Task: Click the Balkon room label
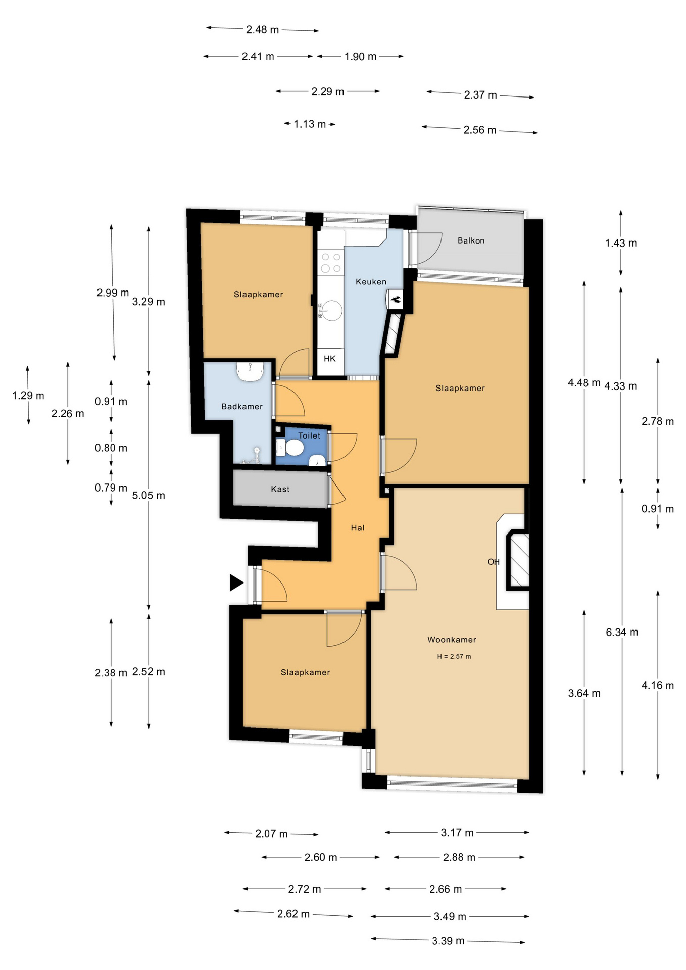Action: pos(471,240)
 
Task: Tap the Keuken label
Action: pos(371,282)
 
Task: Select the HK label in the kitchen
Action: pos(330,359)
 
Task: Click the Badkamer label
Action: pos(242,406)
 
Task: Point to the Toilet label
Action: pos(309,435)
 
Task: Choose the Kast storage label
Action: pos(280,489)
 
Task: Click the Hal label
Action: pos(358,528)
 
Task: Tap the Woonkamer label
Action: pos(452,640)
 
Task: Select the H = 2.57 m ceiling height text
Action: pos(454,657)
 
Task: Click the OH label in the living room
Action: pos(494,562)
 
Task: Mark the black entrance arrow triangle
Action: pos(236,583)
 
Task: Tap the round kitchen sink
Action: pos(332,310)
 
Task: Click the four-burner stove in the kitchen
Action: pos(331,263)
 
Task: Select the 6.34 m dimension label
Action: pos(622,632)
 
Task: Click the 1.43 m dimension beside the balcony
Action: pos(621,243)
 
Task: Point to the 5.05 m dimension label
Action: pos(149,496)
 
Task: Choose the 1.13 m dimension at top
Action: pos(310,124)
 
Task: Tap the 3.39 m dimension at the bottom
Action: pos(448,941)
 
